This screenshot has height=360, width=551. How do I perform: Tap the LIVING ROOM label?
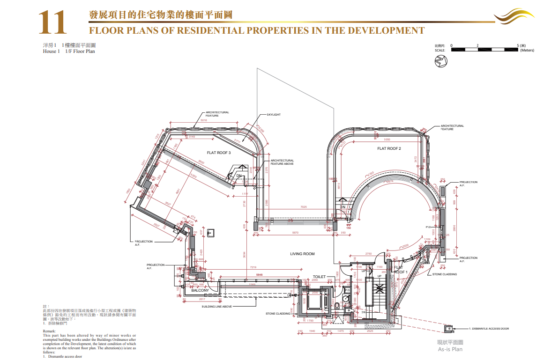pos(302,254)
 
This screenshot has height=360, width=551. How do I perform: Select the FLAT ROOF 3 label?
pos(219,153)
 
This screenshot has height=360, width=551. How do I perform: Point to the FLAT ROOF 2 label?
pos(389,148)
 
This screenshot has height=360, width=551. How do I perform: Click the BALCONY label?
pos(200,290)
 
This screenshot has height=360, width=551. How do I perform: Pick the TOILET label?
pos(319,277)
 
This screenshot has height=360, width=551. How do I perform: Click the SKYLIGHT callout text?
pos(274,115)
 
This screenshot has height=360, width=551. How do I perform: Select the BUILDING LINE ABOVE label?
pos(217,307)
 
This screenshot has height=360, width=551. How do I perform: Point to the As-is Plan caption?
pos(450,349)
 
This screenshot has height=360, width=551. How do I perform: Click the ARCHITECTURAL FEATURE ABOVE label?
pos(282,162)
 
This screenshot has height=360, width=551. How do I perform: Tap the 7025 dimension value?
pos(303,206)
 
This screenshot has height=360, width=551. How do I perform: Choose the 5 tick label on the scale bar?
pos(518,45)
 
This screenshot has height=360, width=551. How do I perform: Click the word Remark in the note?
pos(49,331)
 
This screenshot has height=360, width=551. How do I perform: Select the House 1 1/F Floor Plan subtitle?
pos(69,51)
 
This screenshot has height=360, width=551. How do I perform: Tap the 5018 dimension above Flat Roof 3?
pos(203,120)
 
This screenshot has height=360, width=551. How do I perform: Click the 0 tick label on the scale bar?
pos(451,45)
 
